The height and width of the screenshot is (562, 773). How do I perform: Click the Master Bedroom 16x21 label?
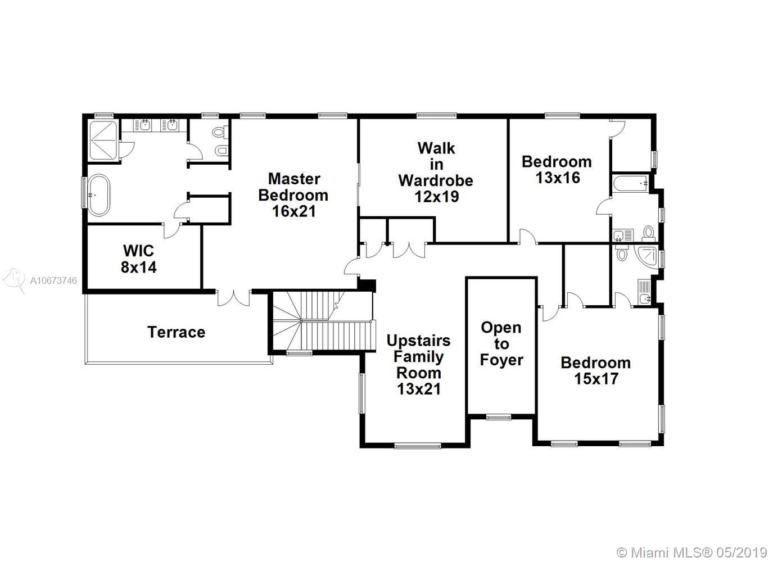click(293, 195)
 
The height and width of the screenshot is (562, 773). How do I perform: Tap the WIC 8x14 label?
click(139, 259)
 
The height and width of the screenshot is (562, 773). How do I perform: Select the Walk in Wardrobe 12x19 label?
click(436, 173)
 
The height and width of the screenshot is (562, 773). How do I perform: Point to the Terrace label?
click(177, 332)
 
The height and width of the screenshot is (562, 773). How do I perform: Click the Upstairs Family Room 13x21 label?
click(419, 365)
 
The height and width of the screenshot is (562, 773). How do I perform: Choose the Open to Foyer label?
click(501, 344)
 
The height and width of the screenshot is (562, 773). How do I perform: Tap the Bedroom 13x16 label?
click(557, 170)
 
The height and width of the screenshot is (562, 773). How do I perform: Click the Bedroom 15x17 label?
click(595, 371)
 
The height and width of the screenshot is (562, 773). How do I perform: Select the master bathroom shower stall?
click(104, 140)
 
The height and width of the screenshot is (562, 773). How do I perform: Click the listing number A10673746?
click(53, 280)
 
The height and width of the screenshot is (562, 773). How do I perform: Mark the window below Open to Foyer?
click(498, 417)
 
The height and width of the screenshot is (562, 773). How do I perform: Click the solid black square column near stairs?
click(367, 285)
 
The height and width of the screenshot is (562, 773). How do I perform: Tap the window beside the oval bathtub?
click(84, 193)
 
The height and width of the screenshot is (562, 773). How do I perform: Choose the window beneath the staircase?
click(299, 352)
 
